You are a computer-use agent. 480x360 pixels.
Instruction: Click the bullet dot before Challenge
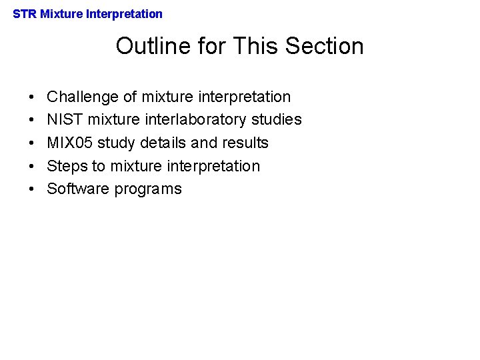point(32,97)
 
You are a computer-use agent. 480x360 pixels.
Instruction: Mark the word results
point(245,143)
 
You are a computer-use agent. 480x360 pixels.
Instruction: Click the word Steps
point(67,166)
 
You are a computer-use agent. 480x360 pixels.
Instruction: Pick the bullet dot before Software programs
point(32,189)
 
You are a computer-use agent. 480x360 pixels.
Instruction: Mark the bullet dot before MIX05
point(32,143)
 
